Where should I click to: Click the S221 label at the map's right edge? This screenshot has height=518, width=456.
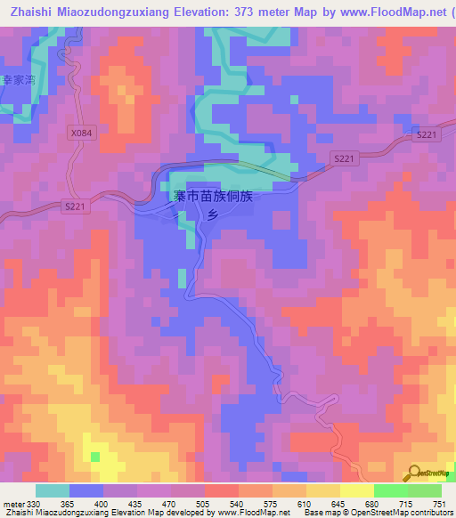point(427,134)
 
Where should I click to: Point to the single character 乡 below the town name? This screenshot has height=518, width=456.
point(213,215)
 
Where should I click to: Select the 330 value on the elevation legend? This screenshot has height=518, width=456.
point(34,505)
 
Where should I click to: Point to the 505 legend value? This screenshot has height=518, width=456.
point(203,505)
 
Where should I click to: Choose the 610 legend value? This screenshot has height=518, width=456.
point(305,505)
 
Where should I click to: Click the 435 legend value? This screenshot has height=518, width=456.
point(135,505)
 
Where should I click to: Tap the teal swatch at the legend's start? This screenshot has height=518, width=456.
point(53,491)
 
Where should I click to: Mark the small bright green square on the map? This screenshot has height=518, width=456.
point(94,457)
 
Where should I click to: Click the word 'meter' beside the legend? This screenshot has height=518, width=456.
point(13,505)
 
